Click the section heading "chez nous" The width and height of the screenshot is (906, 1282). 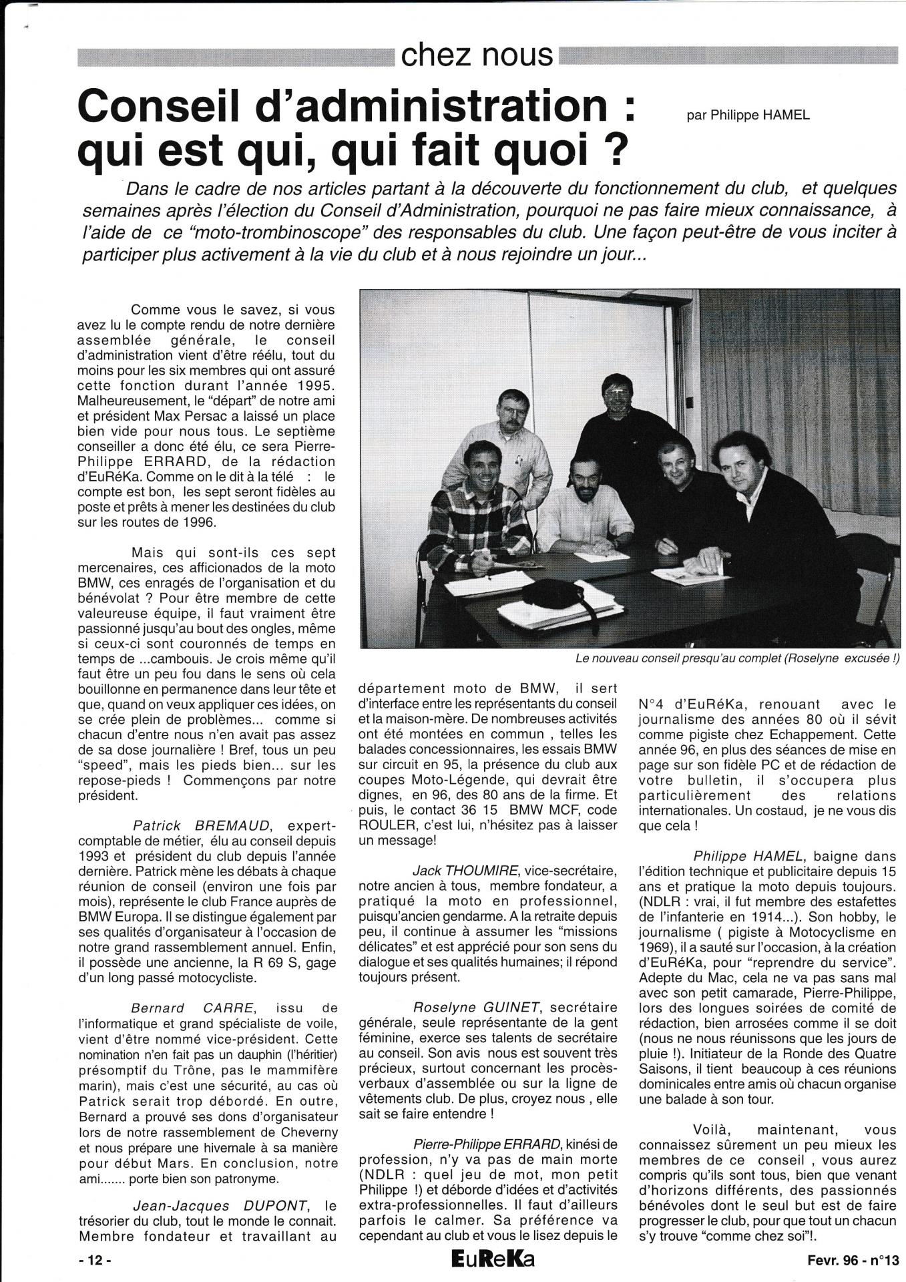(x=477, y=55)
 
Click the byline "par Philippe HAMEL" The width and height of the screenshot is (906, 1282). (x=748, y=116)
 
